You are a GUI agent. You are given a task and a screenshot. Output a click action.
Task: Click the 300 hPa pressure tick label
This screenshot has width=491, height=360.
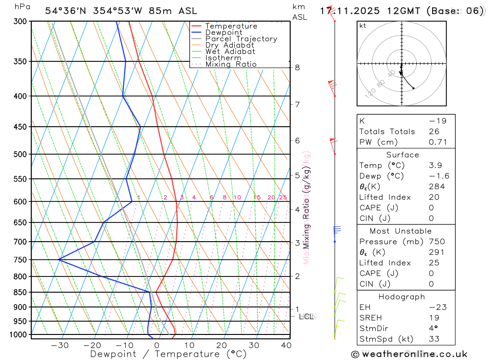click(x=20, y=21)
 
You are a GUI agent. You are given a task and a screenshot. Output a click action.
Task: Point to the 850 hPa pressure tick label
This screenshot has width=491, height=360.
click(x=20, y=292)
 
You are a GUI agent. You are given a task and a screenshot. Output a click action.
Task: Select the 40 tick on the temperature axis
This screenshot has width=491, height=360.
click(x=286, y=345)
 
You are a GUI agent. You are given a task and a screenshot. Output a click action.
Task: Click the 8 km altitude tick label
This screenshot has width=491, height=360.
click(x=297, y=67)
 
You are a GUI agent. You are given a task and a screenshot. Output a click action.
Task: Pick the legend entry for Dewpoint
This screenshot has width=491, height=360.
click(x=223, y=32)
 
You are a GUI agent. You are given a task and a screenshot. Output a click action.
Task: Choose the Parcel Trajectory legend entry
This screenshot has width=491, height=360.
click(x=241, y=39)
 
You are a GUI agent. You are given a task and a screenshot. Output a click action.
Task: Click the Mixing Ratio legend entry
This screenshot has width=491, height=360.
click(x=231, y=64)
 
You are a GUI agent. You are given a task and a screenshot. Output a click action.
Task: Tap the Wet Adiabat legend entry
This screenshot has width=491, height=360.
click(x=230, y=52)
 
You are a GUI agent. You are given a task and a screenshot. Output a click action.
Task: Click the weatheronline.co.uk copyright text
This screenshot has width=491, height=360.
click(x=409, y=354)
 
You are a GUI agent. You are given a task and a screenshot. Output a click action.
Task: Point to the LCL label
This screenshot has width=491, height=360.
click(x=306, y=317)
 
